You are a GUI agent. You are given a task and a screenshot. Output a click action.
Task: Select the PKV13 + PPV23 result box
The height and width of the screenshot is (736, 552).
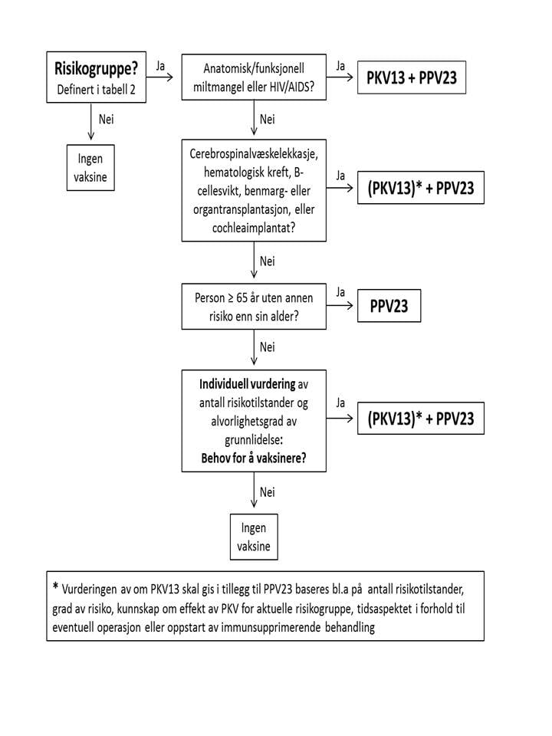pyautogui.click(x=411, y=78)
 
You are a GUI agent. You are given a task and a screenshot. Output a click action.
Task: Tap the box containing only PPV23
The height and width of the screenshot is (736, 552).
pyautogui.click(x=388, y=307)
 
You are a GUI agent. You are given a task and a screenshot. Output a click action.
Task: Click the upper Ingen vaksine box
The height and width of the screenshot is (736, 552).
pyautogui.click(x=92, y=166)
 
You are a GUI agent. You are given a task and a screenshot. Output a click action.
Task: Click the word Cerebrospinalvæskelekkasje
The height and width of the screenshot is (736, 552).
pyautogui.click(x=256, y=153)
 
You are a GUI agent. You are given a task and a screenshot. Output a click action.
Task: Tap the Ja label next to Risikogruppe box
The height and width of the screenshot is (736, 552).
pyautogui.click(x=161, y=67)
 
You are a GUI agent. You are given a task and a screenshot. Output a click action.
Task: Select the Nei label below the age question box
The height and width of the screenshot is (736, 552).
pyautogui.click(x=267, y=347)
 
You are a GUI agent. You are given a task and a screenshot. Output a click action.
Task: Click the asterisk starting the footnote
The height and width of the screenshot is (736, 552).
pyautogui.click(x=55, y=588)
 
